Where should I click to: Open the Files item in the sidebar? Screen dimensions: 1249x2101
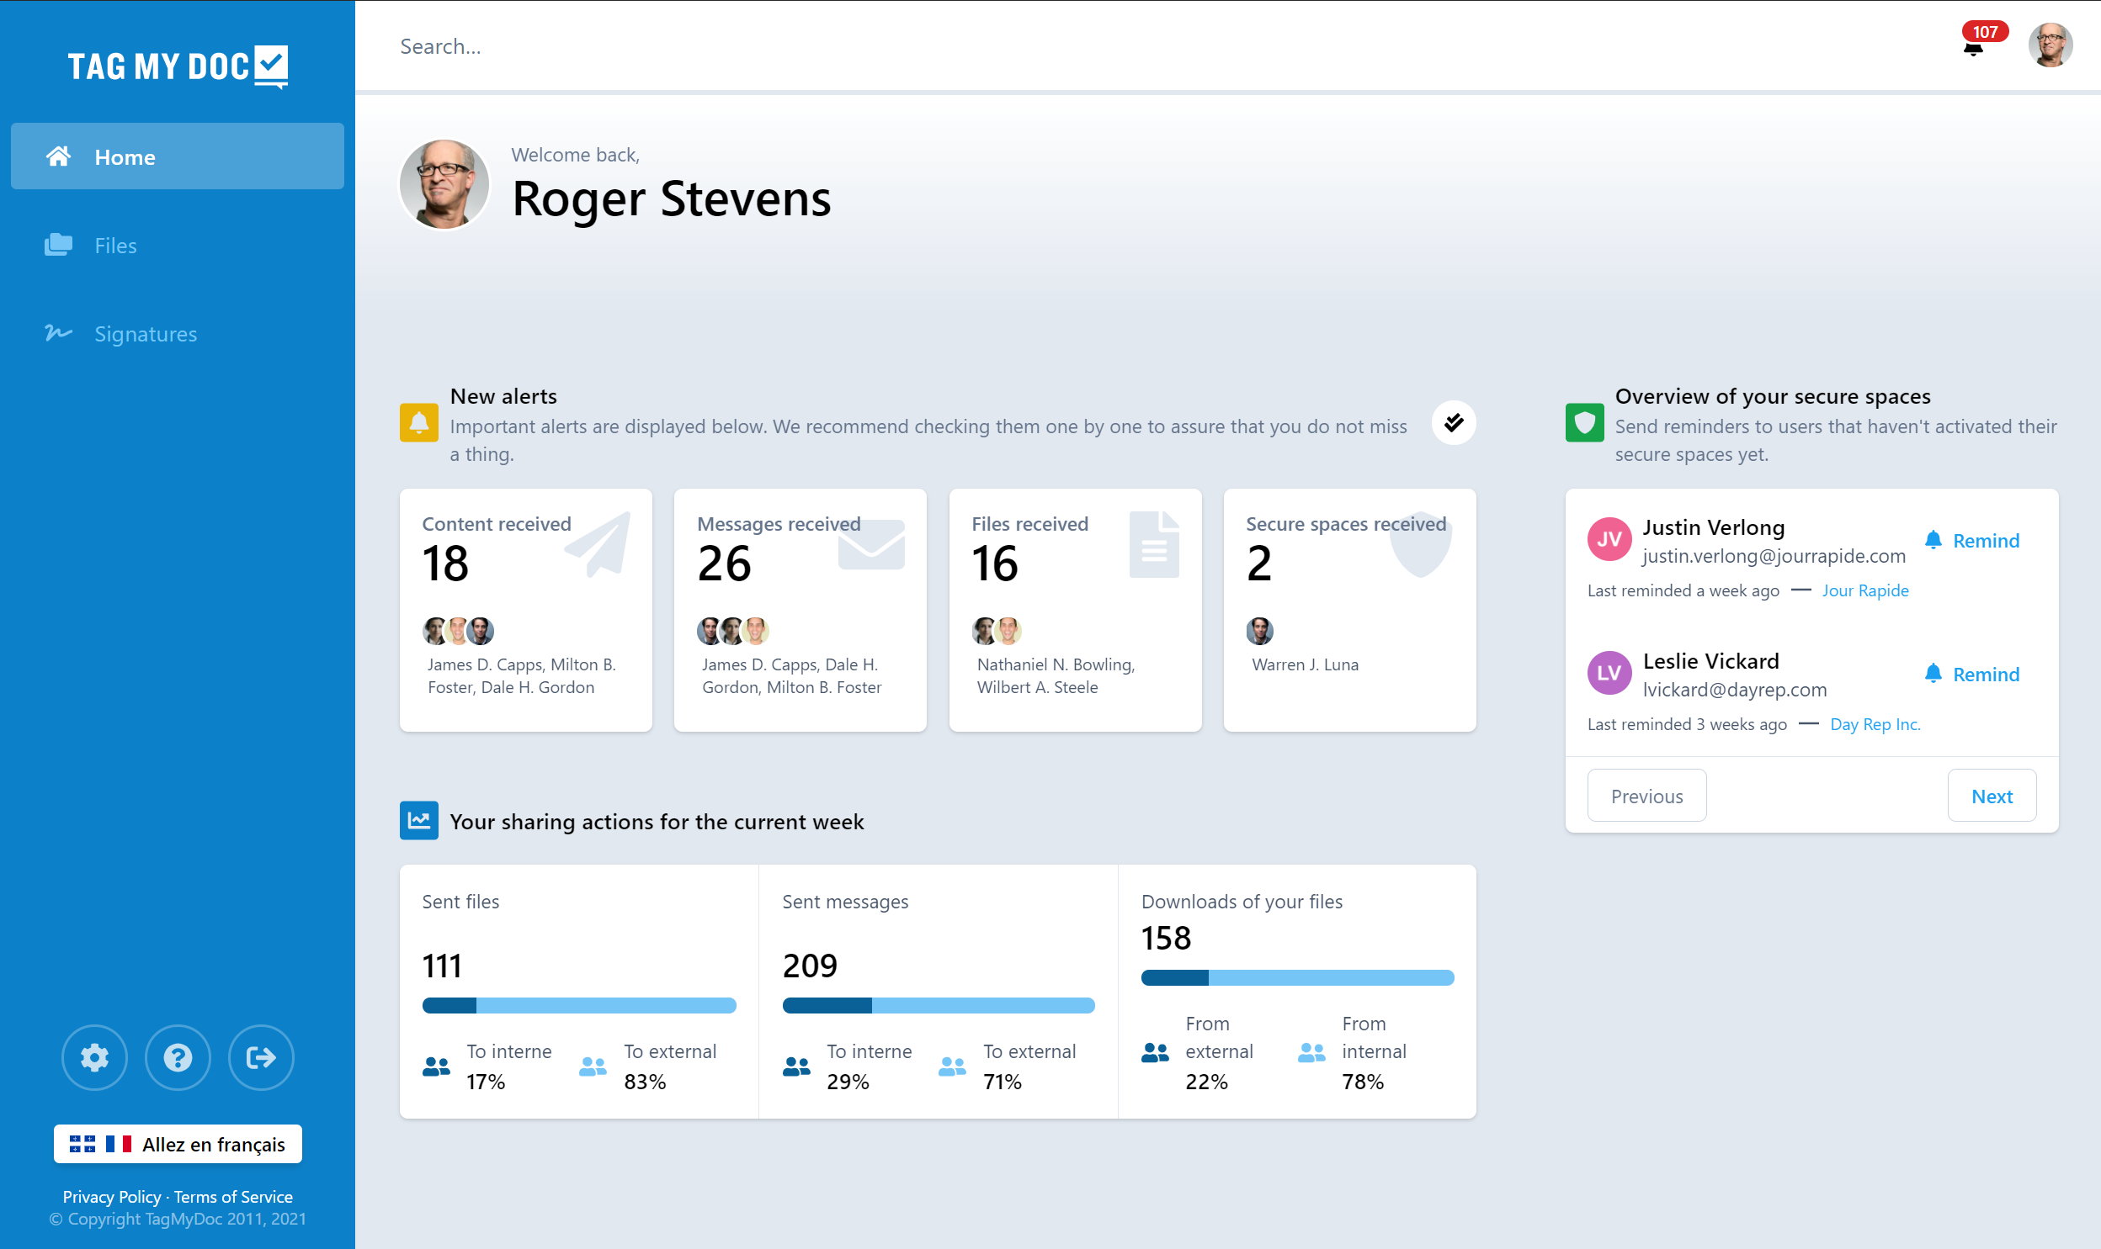point(115,246)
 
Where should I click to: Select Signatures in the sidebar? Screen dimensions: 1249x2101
point(145,334)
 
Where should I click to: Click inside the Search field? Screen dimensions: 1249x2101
point(758,46)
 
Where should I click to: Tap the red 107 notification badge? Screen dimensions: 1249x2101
point(1984,32)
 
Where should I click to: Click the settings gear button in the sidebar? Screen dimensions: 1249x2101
point(94,1057)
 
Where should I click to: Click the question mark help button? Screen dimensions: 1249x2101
point(178,1057)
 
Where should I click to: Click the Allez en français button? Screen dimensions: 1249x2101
point(178,1144)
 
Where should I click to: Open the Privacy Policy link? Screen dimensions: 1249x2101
point(111,1196)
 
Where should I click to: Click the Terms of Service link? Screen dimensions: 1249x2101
point(233,1196)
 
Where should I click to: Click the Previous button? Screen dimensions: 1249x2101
point(1646,796)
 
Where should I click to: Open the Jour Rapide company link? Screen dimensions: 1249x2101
point(1864,590)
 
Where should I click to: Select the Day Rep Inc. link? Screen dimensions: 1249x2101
point(1875,724)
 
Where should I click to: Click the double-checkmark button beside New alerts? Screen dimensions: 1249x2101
point(1454,422)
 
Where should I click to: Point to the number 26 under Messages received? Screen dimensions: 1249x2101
point(724,563)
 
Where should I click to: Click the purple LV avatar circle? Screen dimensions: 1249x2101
point(1609,673)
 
